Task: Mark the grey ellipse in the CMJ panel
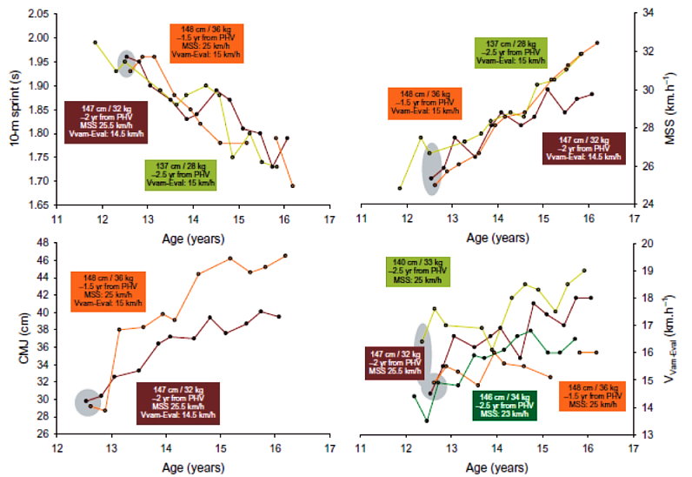pos(87,402)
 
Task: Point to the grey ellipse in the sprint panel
pos(127,64)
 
